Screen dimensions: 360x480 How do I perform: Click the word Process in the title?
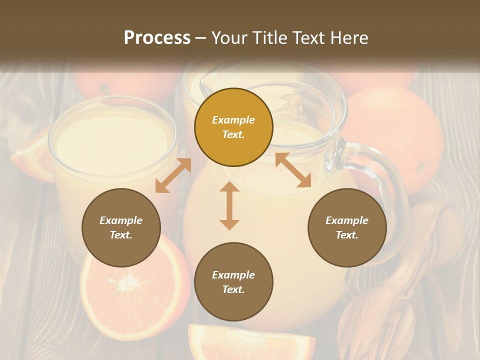(157, 38)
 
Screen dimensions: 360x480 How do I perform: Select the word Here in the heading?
(348, 38)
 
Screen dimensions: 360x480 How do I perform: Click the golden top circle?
(233, 127)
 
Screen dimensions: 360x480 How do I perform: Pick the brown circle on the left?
(121, 227)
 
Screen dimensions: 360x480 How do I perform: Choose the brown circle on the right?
(347, 227)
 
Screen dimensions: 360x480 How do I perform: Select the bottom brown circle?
(233, 282)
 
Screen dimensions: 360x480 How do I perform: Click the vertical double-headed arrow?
(229, 206)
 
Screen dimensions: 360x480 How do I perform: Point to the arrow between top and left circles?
(173, 175)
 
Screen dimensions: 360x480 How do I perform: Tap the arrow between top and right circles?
(293, 170)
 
